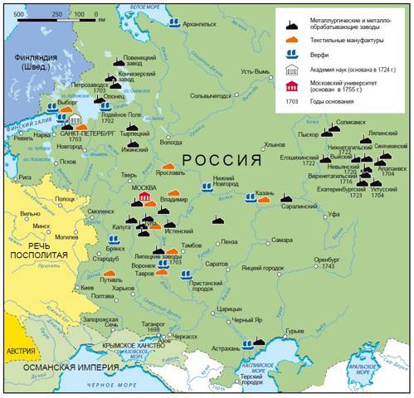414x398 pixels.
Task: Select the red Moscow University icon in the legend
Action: pyautogui.click(x=292, y=85)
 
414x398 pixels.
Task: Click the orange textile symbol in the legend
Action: pyautogui.click(x=292, y=38)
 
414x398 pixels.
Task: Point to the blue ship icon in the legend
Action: pyautogui.click(x=292, y=54)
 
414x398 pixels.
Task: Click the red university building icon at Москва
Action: pyautogui.click(x=145, y=197)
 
